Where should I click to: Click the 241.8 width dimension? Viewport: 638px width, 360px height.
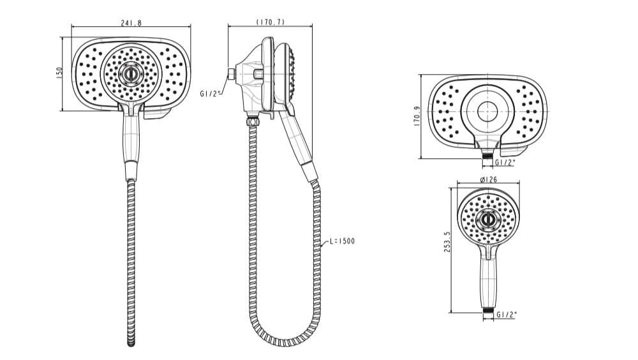[131, 23]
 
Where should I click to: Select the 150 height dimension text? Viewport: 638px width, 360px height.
[58, 73]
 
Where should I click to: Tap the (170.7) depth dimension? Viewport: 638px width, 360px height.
[271, 22]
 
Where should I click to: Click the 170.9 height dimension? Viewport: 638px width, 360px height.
[417, 116]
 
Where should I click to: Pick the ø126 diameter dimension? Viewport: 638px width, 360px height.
[488, 179]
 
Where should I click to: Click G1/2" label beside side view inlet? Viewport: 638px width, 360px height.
[210, 93]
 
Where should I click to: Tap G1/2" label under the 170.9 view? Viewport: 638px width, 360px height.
[505, 162]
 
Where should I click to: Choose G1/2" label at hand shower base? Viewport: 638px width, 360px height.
[507, 314]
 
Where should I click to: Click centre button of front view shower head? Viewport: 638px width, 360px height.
[131, 73]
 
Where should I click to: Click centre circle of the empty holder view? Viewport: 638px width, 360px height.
[488, 109]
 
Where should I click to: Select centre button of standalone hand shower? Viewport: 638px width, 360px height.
[488, 219]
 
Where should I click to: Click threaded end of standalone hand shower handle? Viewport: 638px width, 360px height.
[488, 311]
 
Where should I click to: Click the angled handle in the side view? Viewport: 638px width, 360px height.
[298, 140]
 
